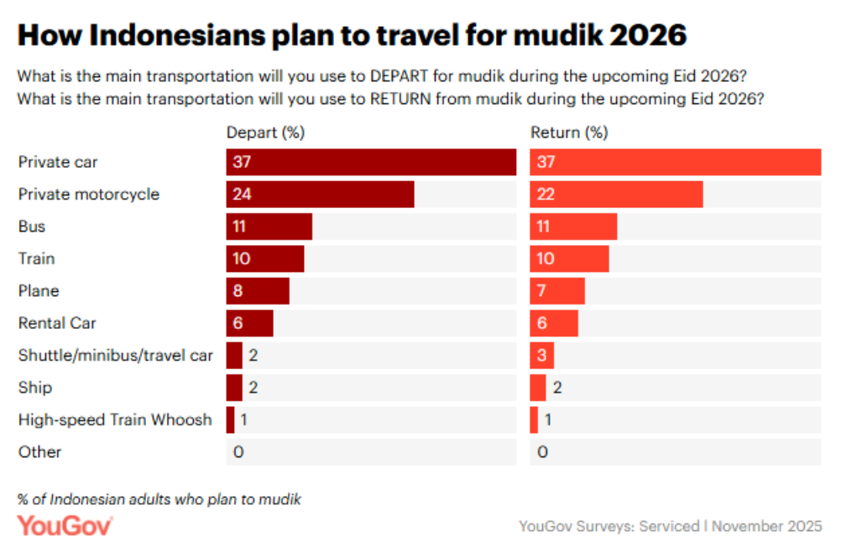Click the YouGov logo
coord(65,525)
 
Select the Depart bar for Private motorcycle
coord(320,194)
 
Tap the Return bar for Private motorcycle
coord(616,194)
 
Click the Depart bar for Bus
coord(269,227)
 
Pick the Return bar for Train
coord(569,258)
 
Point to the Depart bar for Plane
coord(258,290)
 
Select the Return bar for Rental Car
coord(554,323)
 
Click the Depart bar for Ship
coord(234,388)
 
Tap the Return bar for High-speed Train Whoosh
coord(534,420)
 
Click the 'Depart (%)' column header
coord(264,133)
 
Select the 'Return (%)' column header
coord(569,133)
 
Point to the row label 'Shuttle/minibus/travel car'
coord(116,355)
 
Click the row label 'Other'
coord(40,451)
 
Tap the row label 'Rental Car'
coord(58,323)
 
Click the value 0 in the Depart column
coord(238,452)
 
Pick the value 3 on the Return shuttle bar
coord(542,356)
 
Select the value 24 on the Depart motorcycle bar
coord(243,195)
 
